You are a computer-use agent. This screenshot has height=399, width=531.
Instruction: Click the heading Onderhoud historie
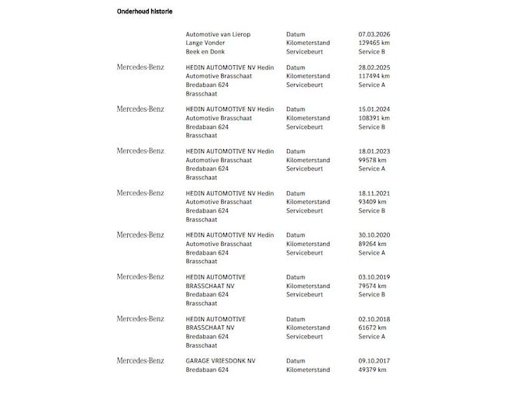[144, 12]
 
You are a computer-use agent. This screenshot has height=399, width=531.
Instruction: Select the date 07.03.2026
[374, 35]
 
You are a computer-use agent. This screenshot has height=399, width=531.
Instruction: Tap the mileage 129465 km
[374, 43]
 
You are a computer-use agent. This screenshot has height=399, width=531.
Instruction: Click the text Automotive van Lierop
[218, 35]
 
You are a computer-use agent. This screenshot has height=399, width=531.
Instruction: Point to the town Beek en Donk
[205, 52]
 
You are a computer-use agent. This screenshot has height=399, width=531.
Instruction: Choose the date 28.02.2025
[374, 68]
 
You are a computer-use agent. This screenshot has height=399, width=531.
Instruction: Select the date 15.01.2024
[374, 109]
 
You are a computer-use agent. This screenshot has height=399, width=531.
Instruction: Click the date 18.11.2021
[374, 193]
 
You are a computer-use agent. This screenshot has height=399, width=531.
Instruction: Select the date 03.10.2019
[374, 277]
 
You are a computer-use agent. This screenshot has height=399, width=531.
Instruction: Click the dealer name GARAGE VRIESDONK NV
[220, 361]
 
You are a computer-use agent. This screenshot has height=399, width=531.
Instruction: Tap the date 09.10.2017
[374, 361]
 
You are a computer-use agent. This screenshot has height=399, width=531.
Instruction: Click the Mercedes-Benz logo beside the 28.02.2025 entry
[140, 68]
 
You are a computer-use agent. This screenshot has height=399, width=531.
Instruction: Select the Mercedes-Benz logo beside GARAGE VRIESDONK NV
[140, 361]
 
